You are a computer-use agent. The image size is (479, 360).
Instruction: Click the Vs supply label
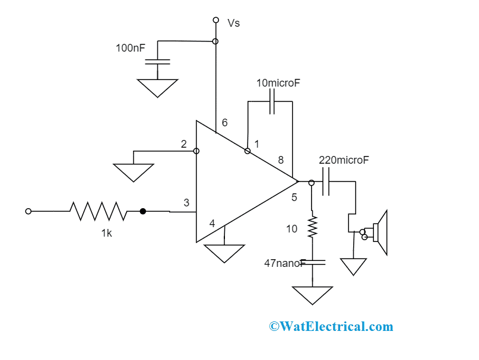(x=234, y=23)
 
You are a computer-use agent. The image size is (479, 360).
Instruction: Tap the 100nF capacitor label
(x=130, y=47)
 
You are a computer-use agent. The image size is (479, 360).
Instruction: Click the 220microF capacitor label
(x=344, y=160)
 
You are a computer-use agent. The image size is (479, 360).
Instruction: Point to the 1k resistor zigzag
(x=98, y=211)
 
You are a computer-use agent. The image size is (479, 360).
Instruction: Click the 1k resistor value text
(x=106, y=233)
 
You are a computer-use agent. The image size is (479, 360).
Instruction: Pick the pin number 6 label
(x=224, y=123)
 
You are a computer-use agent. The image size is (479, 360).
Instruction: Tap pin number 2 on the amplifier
(x=184, y=144)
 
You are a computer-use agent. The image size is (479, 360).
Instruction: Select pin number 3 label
(x=186, y=203)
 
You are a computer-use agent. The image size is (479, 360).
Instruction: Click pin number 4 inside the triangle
(x=212, y=224)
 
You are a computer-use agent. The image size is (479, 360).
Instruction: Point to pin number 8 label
(x=281, y=160)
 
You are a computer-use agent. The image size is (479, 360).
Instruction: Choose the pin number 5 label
(x=294, y=197)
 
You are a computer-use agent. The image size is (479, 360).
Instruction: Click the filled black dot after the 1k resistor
(x=142, y=211)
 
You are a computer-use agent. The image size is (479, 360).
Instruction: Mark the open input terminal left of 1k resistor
(x=28, y=211)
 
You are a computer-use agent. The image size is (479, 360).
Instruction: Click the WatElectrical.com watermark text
(x=331, y=326)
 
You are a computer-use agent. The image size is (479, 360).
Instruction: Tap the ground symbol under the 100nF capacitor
(x=157, y=87)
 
